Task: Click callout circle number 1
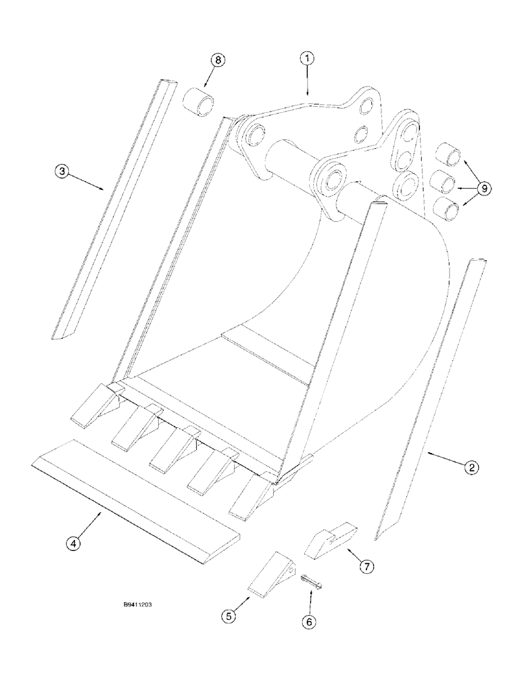click(x=307, y=59)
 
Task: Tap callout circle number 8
click(x=218, y=60)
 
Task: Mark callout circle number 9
click(x=485, y=189)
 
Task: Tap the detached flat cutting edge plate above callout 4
click(x=135, y=495)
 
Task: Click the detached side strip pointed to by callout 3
click(x=111, y=210)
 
